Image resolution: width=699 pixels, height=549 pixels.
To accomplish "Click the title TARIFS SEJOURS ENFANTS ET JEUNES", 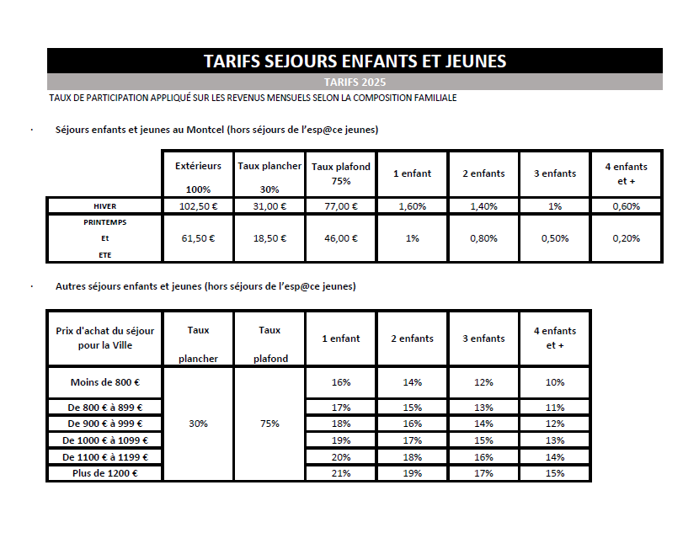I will tap(355, 61).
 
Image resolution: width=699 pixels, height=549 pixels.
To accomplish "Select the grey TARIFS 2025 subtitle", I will tap(355, 83).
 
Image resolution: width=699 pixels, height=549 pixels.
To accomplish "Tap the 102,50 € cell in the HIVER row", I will tap(198, 206).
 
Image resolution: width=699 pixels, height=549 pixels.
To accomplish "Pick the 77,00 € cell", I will tap(341, 206).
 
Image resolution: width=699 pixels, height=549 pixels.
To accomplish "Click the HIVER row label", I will tap(105, 206).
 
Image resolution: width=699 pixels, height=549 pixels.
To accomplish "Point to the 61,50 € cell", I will tap(198, 238).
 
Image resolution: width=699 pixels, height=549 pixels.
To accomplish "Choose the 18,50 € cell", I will tap(269, 238).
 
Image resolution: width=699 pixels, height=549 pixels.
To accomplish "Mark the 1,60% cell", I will tap(412, 206).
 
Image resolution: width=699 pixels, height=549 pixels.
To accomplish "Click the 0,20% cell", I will tap(627, 238).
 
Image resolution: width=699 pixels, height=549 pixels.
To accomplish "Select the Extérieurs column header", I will tap(198, 166).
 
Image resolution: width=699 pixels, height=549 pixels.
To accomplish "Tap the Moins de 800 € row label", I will tap(105, 382).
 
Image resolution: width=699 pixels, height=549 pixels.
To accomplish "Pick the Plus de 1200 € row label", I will tap(105, 473).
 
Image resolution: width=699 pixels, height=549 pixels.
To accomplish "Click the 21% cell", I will tap(341, 473).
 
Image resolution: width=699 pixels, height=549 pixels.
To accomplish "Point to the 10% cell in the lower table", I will tap(555, 382).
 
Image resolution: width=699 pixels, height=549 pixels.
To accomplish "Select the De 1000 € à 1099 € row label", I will tap(105, 440).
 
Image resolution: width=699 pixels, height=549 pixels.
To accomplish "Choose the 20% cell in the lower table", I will tap(341, 456).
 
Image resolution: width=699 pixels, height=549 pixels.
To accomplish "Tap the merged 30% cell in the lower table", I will tap(198, 424).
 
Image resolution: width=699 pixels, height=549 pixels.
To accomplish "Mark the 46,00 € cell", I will tap(341, 238).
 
